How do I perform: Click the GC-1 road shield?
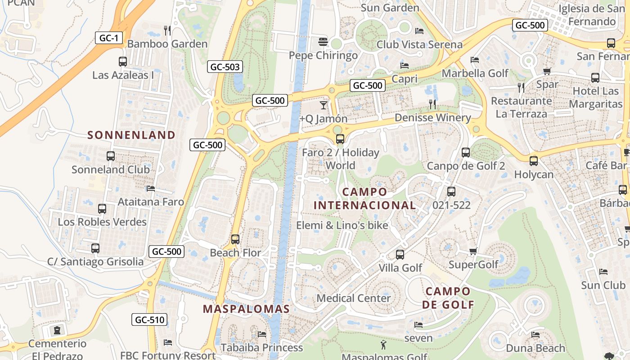pyautogui.click(x=109, y=38)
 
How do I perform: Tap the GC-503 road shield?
pyautogui.click(x=225, y=67)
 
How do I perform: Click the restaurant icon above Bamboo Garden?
pyautogui.click(x=167, y=30)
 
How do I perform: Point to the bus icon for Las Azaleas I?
pyautogui.click(x=122, y=62)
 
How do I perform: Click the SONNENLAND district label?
pyautogui.click(x=131, y=135)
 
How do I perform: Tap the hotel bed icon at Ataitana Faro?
pyautogui.click(x=151, y=189)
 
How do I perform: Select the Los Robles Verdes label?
pyautogui.click(x=102, y=222)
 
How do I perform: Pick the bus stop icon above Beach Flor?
pyautogui.click(x=235, y=239)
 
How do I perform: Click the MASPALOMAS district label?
pyautogui.click(x=246, y=309)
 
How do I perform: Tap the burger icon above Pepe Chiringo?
pyautogui.click(x=323, y=42)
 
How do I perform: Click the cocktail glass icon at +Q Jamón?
pyautogui.click(x=324, y=105)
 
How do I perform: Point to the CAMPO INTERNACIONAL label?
pyautogui.click(x=364, y=198)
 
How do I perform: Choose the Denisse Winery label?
pyautogui.click(x=432, y=118)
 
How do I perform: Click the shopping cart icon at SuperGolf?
pyautogui.click(x=473, y=251)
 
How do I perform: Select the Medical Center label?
pyautogui.click(x=354, y=298)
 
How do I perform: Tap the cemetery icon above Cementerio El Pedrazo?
pyautogui.click(x=57, y=330)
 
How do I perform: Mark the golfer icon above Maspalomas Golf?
pyautogui.click(x=383, y=345)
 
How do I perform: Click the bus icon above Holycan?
pyautogui.click(x=534, y=161)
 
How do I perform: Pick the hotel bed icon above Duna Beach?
pyautogui.click(x=535, y=335)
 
